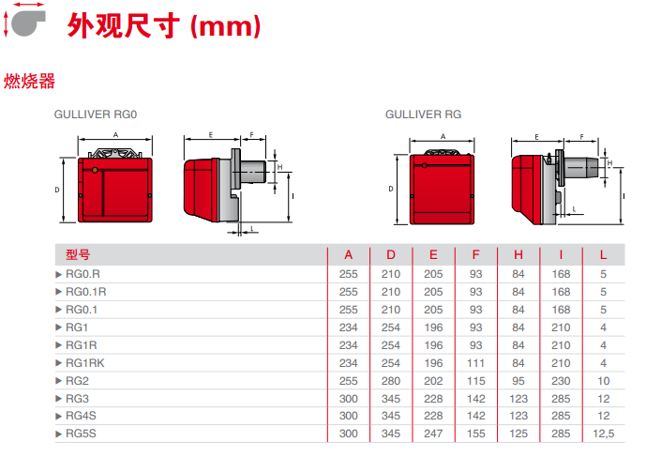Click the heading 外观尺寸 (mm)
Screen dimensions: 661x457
coord(164,26)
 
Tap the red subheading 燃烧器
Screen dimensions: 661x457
coord(30,82)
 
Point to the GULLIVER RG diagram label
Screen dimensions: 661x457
coord(423,114)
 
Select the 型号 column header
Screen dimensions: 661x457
coord(79,255)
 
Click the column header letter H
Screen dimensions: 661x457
coord(518,255)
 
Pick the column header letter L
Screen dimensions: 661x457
coord(604,255)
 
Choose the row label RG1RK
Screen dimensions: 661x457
coord(85,363)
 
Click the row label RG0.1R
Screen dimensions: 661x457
coord(85,292)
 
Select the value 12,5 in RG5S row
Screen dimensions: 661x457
coord(604,434)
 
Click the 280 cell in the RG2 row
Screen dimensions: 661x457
coord(391,380)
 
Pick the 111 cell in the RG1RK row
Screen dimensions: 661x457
coord(476,363)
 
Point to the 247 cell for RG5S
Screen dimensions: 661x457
coord(433,434)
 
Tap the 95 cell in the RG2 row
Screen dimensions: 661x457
coord(518,380)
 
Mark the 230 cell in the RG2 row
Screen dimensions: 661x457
coord(561,380)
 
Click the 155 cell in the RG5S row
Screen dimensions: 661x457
coord(476,434)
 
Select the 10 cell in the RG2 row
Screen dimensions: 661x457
coord(604,380)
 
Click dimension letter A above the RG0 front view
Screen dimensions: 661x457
coord(115,135)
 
